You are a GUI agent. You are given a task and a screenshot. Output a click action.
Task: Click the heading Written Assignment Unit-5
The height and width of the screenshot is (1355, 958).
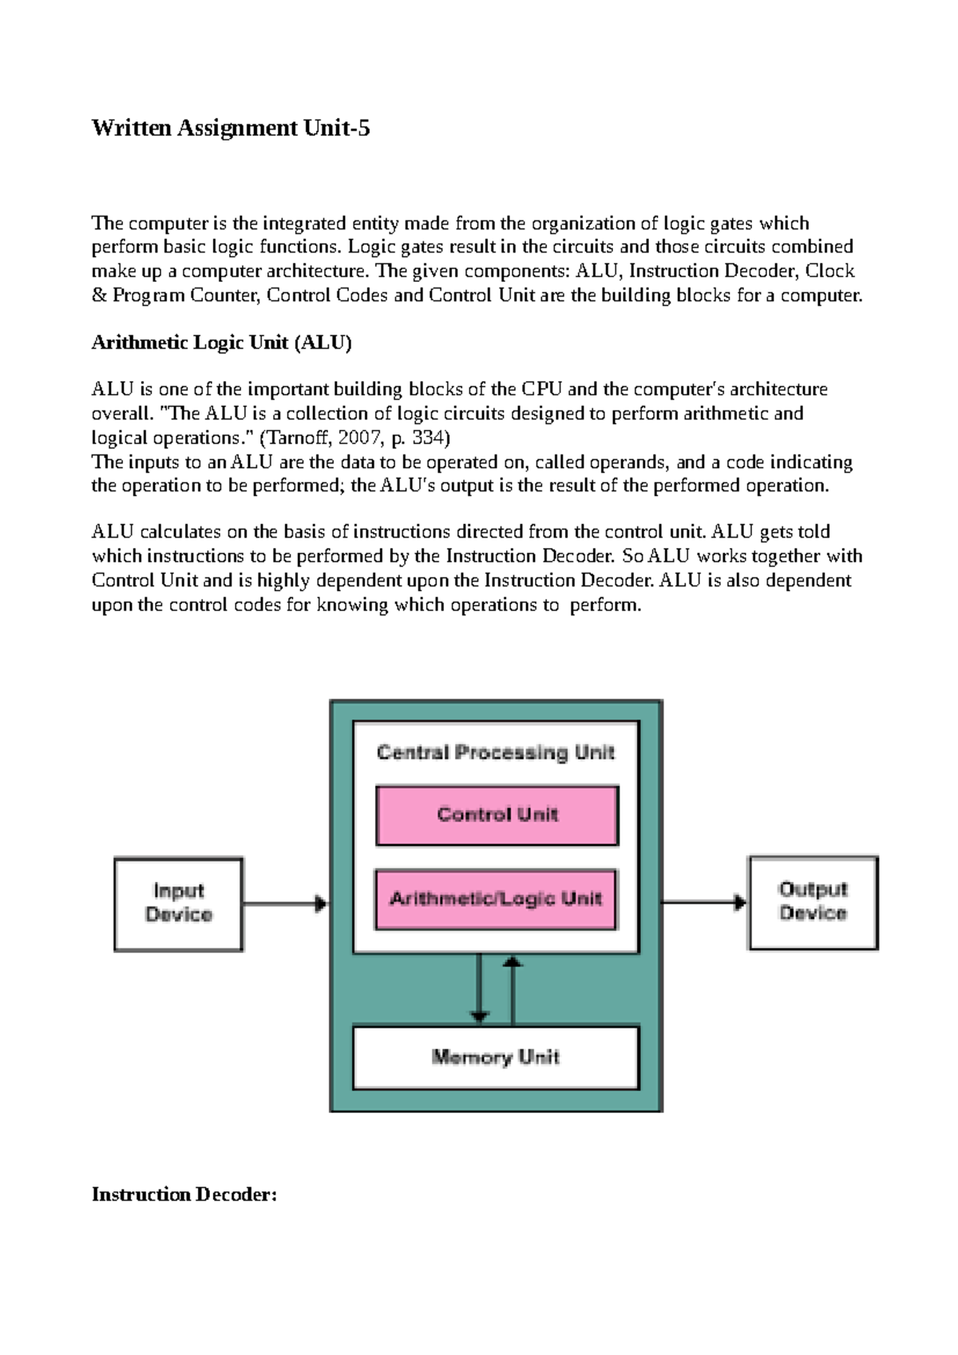point(231,128)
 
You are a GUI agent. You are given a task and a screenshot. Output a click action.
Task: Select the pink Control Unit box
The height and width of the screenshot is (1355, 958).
point(497,815)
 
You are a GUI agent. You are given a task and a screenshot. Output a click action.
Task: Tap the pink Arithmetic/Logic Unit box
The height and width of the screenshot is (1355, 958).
point(496,900)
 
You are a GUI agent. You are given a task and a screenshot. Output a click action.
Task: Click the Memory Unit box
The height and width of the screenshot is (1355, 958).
point(496,1057)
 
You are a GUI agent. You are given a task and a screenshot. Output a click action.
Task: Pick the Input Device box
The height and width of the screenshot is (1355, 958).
point(178,904)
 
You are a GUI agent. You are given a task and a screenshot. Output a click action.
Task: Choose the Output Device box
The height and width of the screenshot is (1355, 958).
point(813,902)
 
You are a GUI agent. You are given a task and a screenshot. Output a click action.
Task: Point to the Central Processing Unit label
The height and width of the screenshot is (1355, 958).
point(496,753)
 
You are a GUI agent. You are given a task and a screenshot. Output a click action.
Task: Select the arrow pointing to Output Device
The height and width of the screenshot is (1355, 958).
point(703,902)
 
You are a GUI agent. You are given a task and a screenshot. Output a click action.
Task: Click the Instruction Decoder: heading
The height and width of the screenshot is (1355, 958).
point(184,1194)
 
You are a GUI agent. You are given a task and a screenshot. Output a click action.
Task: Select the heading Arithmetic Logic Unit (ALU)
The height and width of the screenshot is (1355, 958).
point(222,343)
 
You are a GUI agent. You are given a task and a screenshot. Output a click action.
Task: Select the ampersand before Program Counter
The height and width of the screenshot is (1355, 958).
point(99,296)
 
